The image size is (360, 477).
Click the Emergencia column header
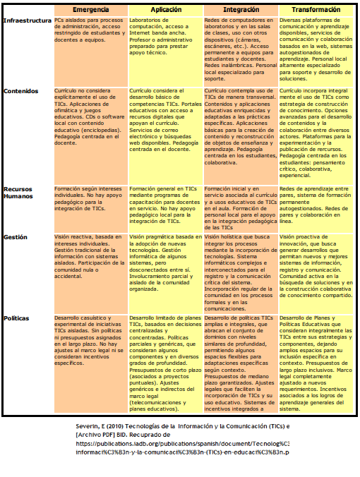pyautogui.click(x=90, y=11)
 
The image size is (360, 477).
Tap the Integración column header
pyautogui.click(x=241, y=11)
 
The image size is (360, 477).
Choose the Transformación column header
pyautogui.click(x=316, y=11)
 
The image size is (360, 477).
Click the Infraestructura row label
pyautogui.click(x=27, y=21)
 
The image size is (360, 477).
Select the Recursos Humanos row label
pyautogui.click(x=23, y=194)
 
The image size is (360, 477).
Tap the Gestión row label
pyautogui.click(x=16, y=238)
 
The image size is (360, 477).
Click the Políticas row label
pyautogui.click(x=17, y=319)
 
